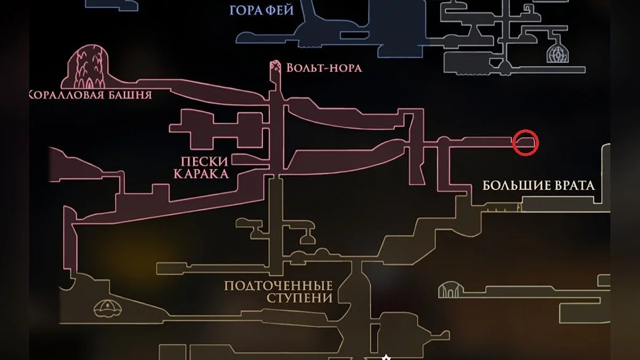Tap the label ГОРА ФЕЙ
pyautogui.click(x=261, y=10)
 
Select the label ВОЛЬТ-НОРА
pyautogui.click(x=324, y=68)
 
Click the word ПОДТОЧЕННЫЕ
pyautogui.click(x=278, y=286)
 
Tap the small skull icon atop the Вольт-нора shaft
pyautogui.click(x=276, y=67)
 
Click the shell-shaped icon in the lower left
pyautogui.click(x=108, y=307)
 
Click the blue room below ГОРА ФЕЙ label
pyautogui.click(x=320, y=35)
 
